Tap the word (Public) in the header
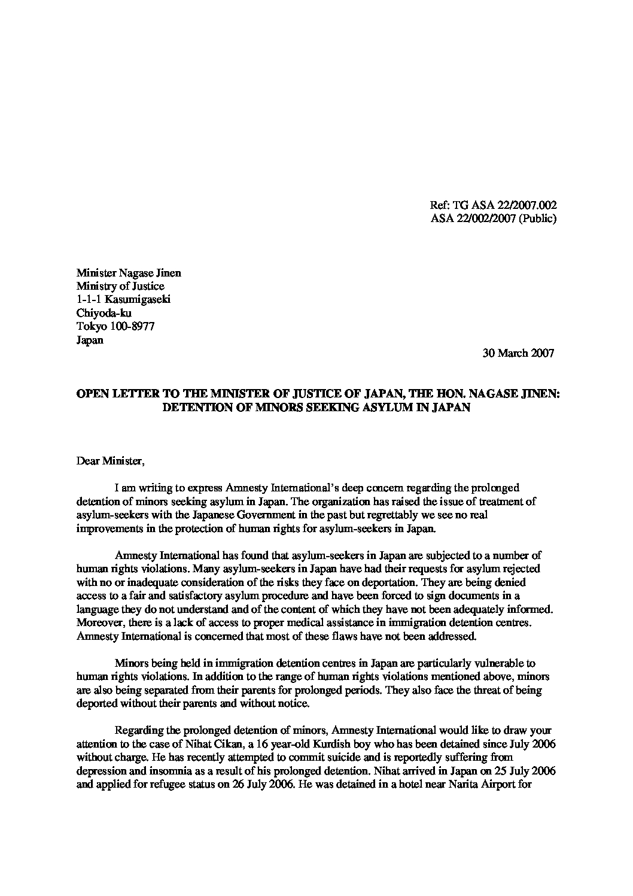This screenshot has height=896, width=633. pos(537,218)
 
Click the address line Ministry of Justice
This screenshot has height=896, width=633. pos(120,287)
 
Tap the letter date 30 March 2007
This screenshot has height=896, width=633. pos(518,353)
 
